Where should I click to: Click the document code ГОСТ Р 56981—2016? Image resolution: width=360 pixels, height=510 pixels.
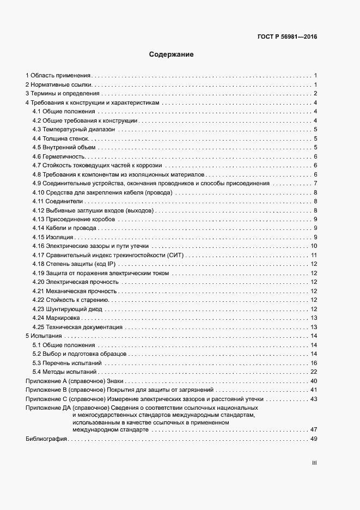(287, 37)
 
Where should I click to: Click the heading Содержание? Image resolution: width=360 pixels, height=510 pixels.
(172, 54)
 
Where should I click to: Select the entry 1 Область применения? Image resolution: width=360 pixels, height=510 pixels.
(58, 75)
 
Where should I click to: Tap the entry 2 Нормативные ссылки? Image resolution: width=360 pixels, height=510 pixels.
(59, 84)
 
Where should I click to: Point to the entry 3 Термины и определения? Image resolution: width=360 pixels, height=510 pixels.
(61, 94)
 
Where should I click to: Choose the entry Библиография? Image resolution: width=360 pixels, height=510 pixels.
(46, 439)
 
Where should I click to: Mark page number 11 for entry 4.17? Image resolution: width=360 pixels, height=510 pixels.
(314, 255)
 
